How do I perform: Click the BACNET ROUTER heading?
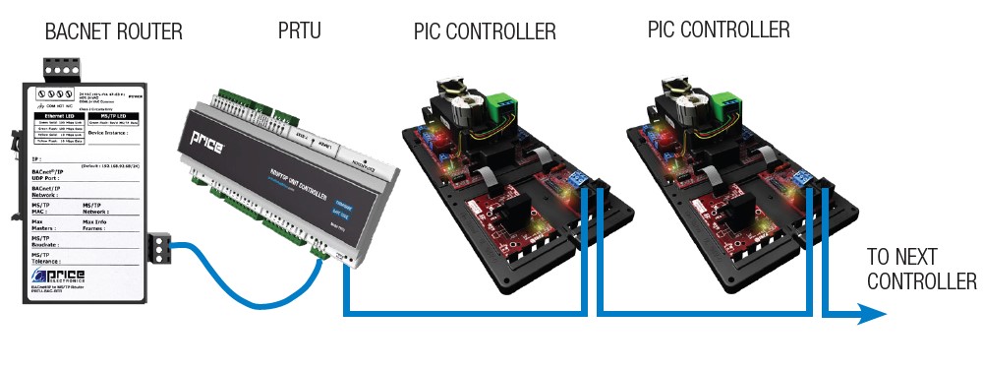click(x=114, y=32)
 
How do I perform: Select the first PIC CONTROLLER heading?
click(x=485, y=32)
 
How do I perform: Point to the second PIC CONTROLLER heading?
click(x=719, y=31)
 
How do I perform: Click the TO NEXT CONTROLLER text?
click(x=921, y=270)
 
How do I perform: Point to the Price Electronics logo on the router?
click(x=59, y=278)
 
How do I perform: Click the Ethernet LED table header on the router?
click(x=55, y=115)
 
